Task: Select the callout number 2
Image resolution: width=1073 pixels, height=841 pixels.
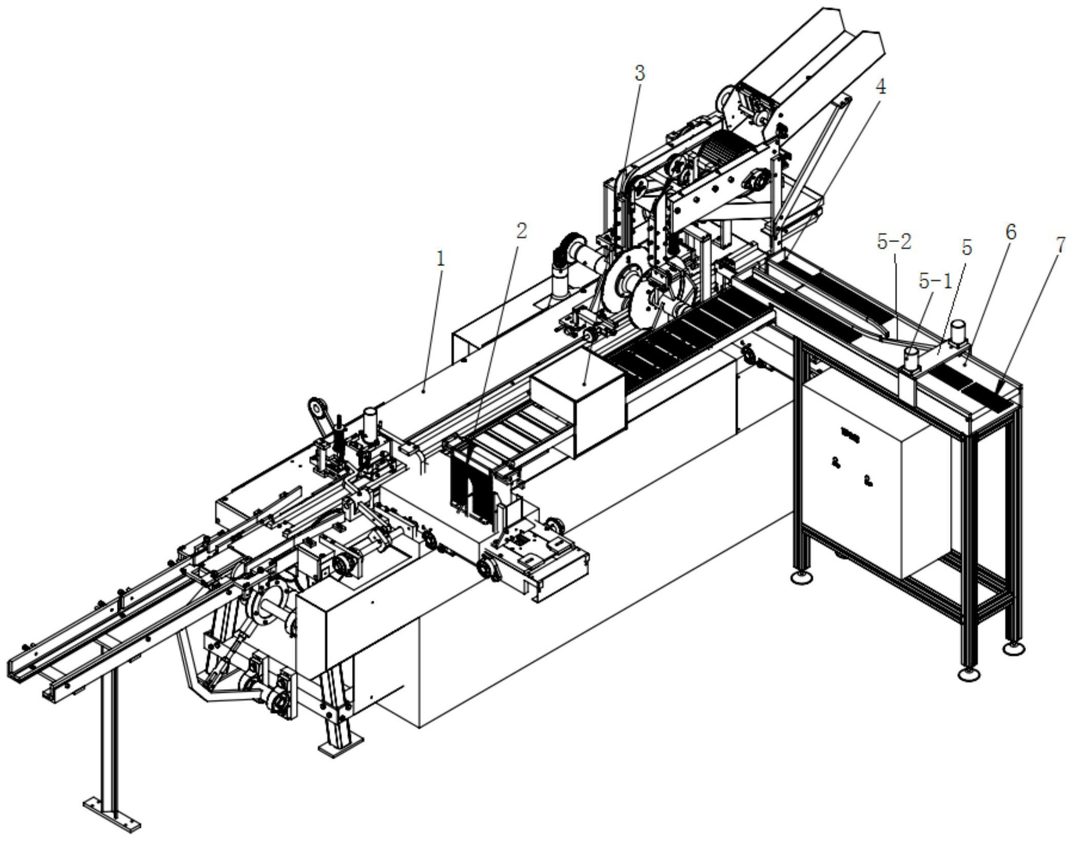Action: pos(521,231)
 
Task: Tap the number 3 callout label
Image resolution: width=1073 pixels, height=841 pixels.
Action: pos(639,74)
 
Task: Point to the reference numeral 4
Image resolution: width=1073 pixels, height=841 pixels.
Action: pos(880,87)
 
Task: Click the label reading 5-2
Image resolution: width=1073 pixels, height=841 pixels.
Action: pos(894,242)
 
